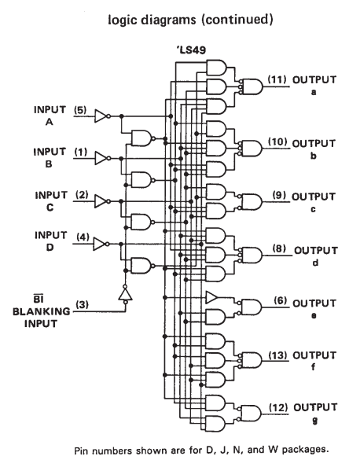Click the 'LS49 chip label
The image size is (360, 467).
coord(191,50)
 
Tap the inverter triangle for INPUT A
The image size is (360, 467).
coord(101,116)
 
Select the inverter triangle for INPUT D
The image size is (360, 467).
coord(99,244)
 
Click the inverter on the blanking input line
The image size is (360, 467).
coord(125,295)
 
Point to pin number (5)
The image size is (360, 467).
coord(80,110)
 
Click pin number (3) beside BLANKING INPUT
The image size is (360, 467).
coord(82,305)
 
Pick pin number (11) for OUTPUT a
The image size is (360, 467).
coord(277,79)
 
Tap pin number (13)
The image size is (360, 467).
coord(277,355)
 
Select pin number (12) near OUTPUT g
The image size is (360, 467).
coord(278,407)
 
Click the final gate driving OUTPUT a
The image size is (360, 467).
coord(252,86)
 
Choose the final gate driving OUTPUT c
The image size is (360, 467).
coord(252,202)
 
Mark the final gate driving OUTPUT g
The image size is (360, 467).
coord(251,413)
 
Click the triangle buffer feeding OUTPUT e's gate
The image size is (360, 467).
coord(211,297)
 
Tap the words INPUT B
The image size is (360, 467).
coord(50,158)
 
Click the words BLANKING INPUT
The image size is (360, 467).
coord(41,318)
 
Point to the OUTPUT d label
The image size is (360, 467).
coord(316,256)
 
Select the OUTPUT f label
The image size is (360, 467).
coord(314,361)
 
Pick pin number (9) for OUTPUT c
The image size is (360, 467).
coord(280,196)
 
